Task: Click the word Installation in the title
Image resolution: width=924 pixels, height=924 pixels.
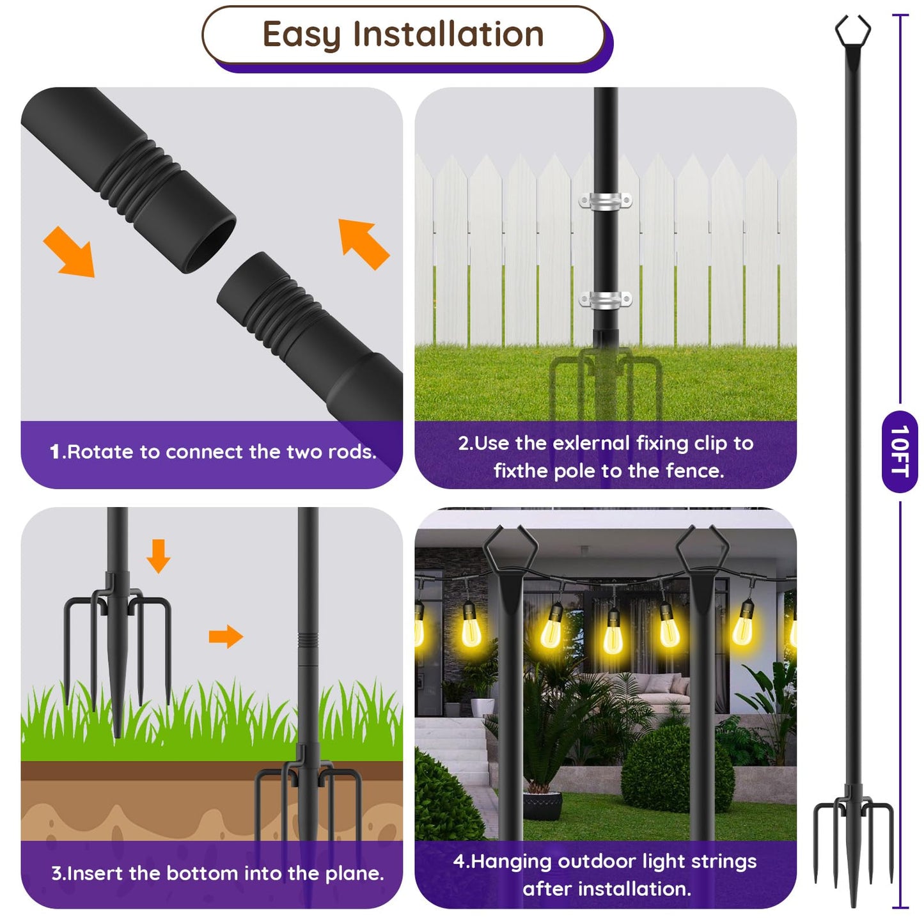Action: (x=448, y=35)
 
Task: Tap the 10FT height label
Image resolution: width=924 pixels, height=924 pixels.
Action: (x=900, y=451)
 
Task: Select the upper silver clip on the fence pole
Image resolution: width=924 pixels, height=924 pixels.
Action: (x=606, y=201)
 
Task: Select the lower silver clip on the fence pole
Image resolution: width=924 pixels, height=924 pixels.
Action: (x=606, y=299)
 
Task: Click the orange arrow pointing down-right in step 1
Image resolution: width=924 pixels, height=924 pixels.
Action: (x=70, y=252)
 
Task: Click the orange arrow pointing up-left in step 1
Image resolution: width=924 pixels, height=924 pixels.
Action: (x=363, y=244)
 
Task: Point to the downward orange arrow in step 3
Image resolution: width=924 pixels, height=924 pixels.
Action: (x=158, y=555)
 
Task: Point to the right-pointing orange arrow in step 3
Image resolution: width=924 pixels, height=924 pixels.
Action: (x=226, y=636)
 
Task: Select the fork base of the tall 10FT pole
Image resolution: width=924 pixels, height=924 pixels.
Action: (x=853, y=831)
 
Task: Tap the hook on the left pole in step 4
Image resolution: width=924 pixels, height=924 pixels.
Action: (x=510, y=547)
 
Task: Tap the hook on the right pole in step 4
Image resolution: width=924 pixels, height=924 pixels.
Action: (x=702, y=547)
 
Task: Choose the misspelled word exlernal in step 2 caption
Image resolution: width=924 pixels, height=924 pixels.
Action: (x=591, y=443)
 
